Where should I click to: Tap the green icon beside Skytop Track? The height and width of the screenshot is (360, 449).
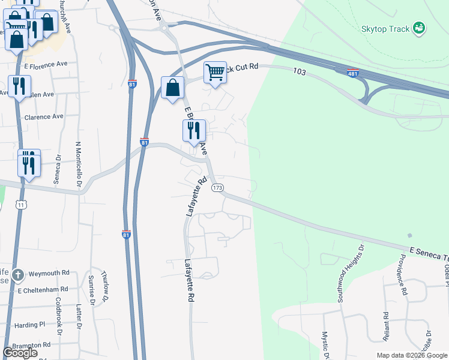(420, 29)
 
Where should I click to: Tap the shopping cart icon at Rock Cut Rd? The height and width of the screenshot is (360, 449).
(215, 73)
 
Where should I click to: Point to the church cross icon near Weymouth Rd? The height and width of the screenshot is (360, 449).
(19, 275)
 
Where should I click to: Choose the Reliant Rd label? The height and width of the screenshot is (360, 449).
(385, 325)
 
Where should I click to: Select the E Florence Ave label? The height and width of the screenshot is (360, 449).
(46, 64)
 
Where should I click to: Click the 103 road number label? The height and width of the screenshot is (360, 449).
(300, 71)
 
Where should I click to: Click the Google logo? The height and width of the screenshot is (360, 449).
(20, 353)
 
